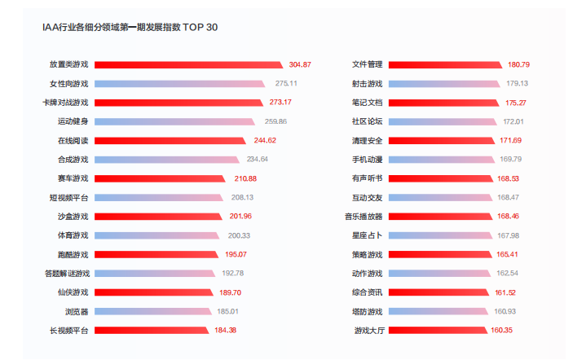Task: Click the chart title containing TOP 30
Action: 130,28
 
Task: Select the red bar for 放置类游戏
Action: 188,64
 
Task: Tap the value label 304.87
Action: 300,64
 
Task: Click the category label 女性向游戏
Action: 68,83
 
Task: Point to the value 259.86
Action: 275,121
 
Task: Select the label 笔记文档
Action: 367,103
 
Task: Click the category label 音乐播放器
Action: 363,216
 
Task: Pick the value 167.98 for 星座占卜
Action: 508,235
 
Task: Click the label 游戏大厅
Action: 368,330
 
